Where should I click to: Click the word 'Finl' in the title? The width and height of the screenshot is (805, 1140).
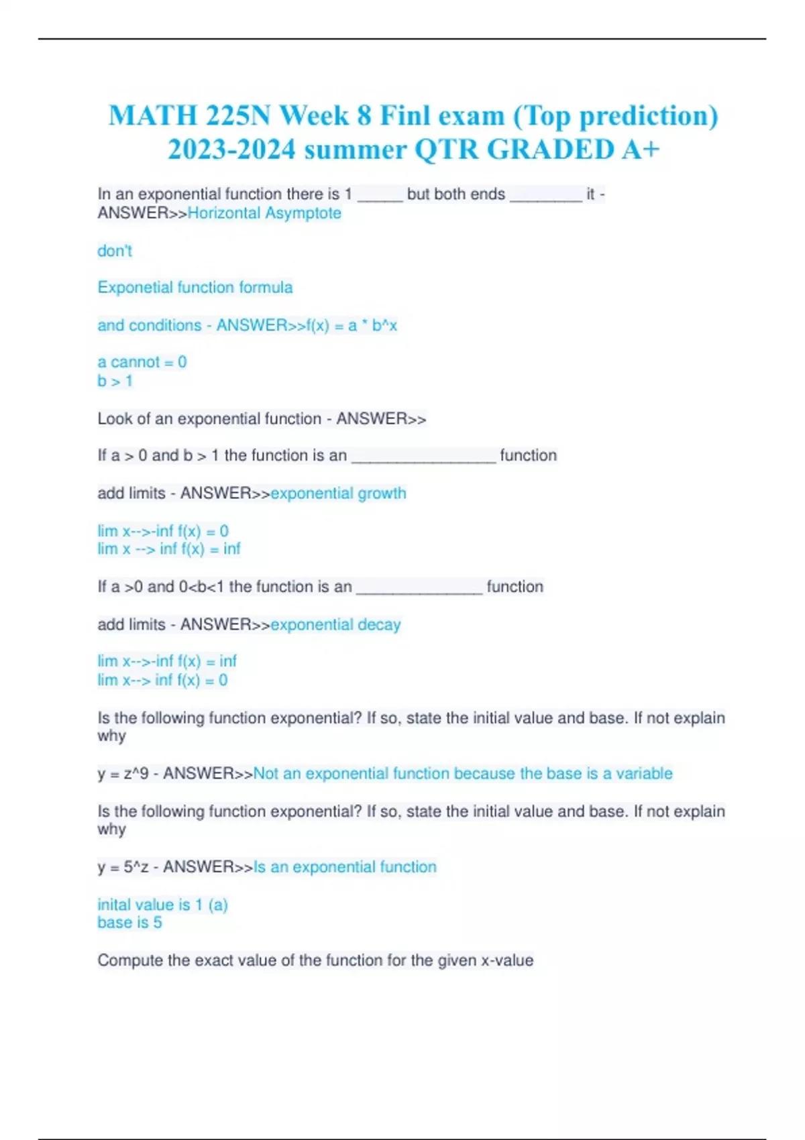tap(406, 115)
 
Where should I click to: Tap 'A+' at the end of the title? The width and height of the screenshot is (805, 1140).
tap(640, 149)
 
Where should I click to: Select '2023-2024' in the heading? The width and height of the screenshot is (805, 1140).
tap(231, 149)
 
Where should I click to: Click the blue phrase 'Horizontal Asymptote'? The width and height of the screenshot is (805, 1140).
tap(264, 213)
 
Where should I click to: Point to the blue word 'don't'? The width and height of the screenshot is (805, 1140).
tap(115, 251)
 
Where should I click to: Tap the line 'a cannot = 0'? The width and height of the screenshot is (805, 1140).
tap(142, 362)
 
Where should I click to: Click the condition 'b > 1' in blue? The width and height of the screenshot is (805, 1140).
tap(115, 381)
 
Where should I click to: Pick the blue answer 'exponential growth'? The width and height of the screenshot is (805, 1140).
tap(338, 494)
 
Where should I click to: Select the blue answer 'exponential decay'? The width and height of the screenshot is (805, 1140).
tap(335, 625)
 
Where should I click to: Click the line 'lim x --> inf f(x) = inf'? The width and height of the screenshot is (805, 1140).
tap(169, 549)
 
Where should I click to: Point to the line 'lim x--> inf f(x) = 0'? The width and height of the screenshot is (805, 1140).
tap(162, 681)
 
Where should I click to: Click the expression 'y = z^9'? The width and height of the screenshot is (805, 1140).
tap(123, 774)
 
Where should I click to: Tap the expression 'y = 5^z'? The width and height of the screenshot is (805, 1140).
tap(123, 867)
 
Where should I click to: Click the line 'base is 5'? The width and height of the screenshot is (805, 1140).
tap(129, 923)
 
